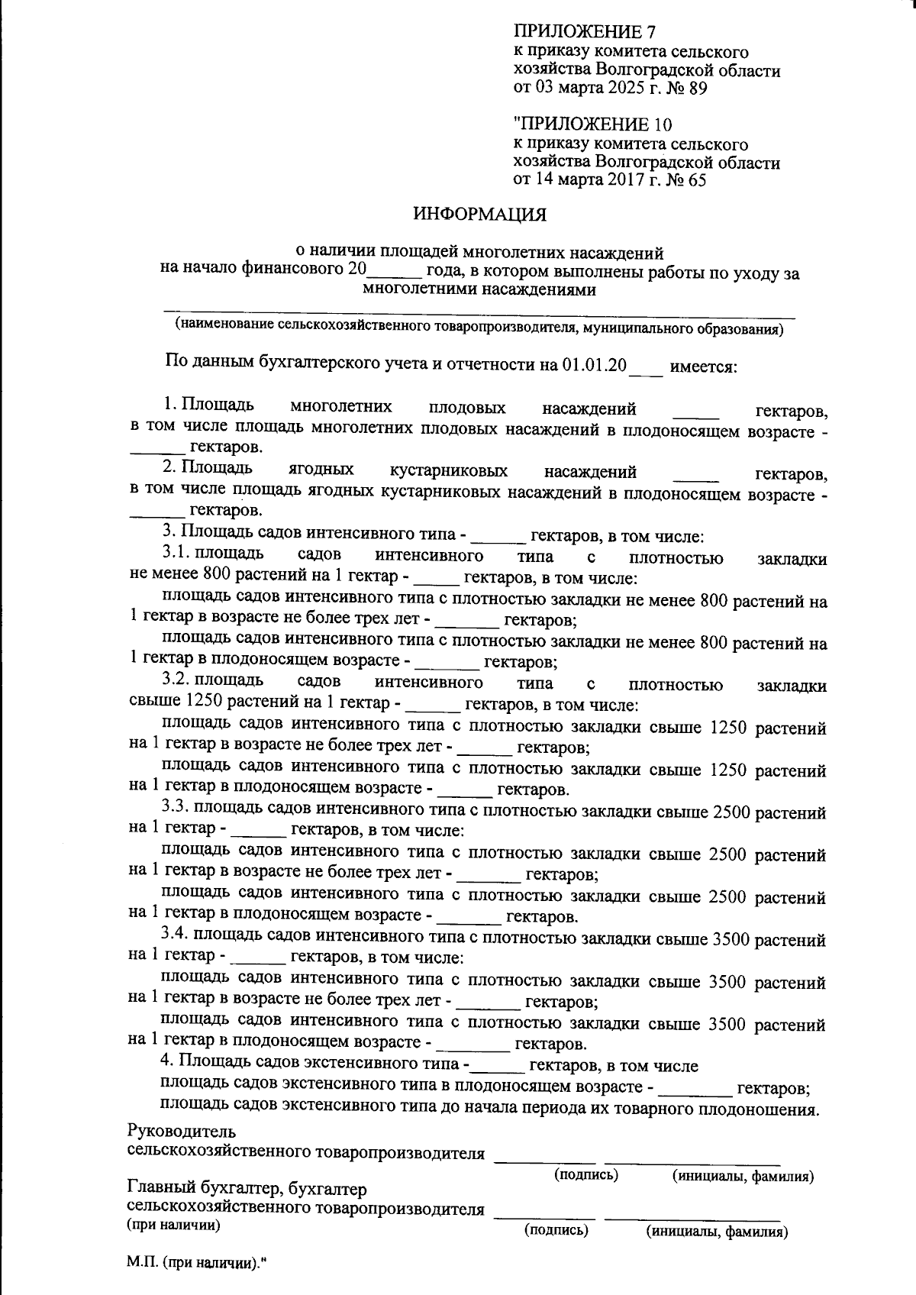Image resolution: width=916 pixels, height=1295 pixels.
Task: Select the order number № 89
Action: (688, 89)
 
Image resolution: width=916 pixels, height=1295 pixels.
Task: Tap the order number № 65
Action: (686, 181)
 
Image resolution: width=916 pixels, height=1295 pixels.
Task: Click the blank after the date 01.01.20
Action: (646, 368)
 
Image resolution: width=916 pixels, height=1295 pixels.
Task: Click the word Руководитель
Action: (182, 1131)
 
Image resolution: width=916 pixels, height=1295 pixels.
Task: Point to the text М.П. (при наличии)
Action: (194, 1263)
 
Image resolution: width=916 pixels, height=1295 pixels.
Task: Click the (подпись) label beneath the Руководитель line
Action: (585, 1174)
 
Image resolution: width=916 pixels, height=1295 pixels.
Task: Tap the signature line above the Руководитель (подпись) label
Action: (544, 1161)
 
